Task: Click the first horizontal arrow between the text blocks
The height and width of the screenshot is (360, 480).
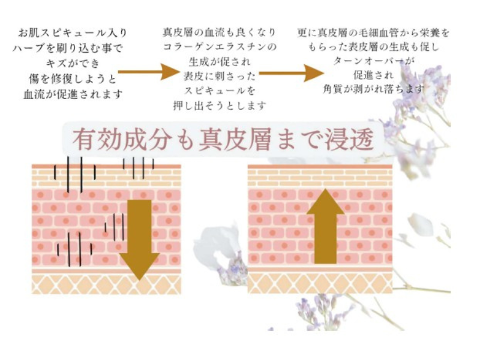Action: tap(148, 72)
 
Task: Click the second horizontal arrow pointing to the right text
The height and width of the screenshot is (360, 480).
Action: tap(292, 73)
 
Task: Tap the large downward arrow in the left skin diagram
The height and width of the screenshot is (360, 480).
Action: tap(139, 239)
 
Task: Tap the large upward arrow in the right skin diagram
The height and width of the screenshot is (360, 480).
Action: tap(325, 226)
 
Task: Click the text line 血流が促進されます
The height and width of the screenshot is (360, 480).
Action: tap(73, 94)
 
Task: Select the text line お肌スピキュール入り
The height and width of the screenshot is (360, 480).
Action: tap(73, 32)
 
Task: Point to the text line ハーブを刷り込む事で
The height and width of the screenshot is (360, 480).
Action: tap(68, 48)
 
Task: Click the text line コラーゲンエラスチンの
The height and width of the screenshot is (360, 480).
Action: tap(220, 47)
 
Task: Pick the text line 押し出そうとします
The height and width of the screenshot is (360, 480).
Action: tap(220, 106)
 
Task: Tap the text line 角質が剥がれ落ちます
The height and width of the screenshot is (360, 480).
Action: tap(374, 89)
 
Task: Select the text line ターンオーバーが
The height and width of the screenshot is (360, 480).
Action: tap(373, 61)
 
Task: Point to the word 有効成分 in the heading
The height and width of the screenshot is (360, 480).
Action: tap(122, 140)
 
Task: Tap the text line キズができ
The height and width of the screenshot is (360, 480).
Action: tap(73, 64)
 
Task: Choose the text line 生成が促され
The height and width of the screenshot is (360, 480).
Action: tap(220, 62)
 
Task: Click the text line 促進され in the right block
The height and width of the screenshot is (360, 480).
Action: tap(373, 75)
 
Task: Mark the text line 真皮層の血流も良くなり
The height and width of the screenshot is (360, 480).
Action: tap(219, 32)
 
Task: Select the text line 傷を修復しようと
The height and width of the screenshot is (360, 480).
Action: tap(73, 79)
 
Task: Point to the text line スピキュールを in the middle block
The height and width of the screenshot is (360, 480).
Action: tap(220, 91)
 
